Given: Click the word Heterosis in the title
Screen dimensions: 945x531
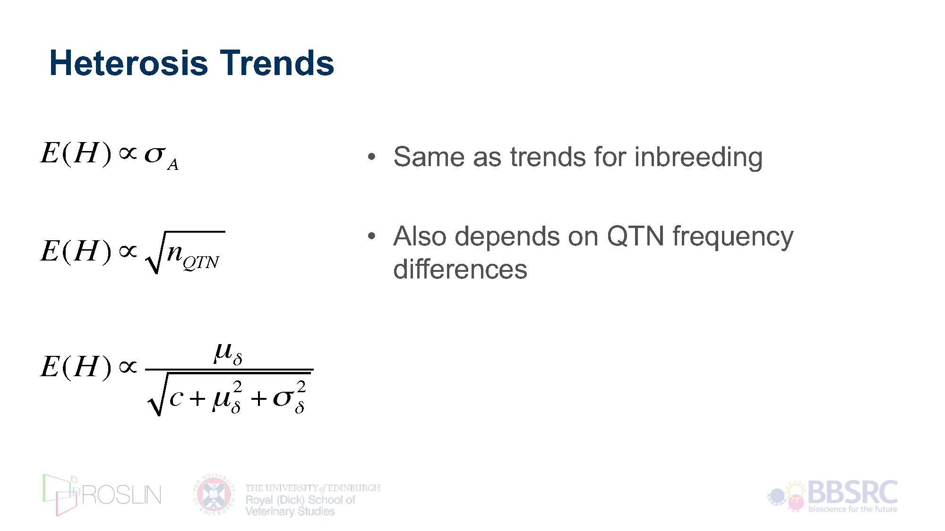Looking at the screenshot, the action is pos(129,63).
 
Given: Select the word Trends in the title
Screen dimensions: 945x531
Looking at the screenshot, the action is pos(277,63).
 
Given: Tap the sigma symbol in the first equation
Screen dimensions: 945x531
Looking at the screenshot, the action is pos(155,154).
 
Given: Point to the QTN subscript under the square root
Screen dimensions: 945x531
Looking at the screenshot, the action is pos(201,262).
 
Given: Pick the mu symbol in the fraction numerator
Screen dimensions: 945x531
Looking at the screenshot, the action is pos(223,352).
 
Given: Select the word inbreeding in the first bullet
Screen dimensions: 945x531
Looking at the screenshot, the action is pos(698,157).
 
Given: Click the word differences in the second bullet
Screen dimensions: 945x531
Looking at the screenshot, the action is pos(460,269).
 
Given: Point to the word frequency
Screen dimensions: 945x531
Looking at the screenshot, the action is pos(733,237).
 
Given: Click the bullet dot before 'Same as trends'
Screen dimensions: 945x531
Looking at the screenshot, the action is pos(372,157).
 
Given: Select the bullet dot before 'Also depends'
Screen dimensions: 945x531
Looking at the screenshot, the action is pos(372,236).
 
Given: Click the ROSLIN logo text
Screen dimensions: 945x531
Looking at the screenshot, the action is pos(121,495).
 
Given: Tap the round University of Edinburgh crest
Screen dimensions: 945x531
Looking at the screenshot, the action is pos(214,494).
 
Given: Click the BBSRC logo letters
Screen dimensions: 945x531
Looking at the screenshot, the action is pos(853,492).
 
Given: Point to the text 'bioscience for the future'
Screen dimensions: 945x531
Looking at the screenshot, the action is pos(852,509).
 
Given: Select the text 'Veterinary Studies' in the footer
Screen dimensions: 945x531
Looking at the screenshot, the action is pos(290,511).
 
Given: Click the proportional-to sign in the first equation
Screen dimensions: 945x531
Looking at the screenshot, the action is pos(128,153).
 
